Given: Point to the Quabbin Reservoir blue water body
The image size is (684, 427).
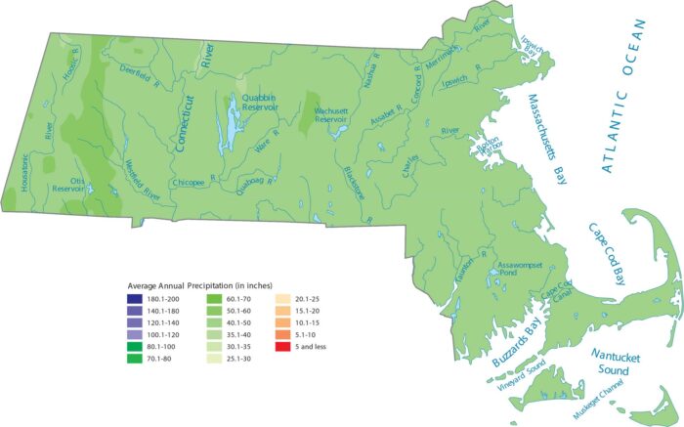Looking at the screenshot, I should click(x=232, y=125).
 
